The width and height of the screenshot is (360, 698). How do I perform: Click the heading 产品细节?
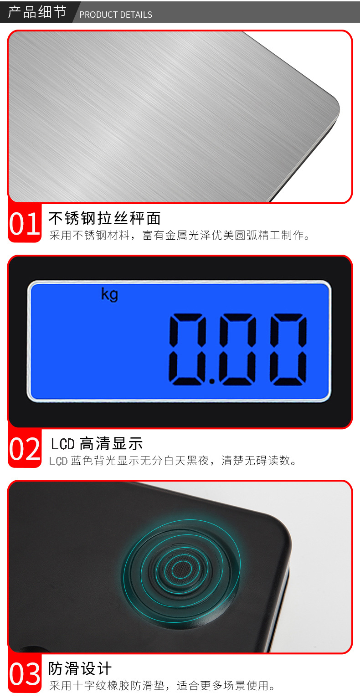tap(37, 12)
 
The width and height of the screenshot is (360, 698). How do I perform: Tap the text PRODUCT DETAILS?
tap(116, 15)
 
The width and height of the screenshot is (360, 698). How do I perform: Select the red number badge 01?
tap(25, 224)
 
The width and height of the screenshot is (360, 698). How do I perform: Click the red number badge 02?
tap(25, 449)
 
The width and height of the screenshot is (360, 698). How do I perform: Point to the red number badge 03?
tap(25, 675)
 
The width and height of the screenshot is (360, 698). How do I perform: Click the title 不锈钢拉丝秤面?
tap(104, 219)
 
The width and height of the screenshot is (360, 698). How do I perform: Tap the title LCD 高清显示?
tap(97, 443)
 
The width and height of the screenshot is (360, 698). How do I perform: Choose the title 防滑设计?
tap(80, 669)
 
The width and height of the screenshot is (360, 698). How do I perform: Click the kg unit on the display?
tap(109, 294)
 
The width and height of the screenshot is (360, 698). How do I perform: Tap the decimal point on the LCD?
tap(212, 380)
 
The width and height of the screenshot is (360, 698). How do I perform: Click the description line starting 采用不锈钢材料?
tap(180, 236)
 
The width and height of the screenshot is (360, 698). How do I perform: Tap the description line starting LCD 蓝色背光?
tap(173, 461)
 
